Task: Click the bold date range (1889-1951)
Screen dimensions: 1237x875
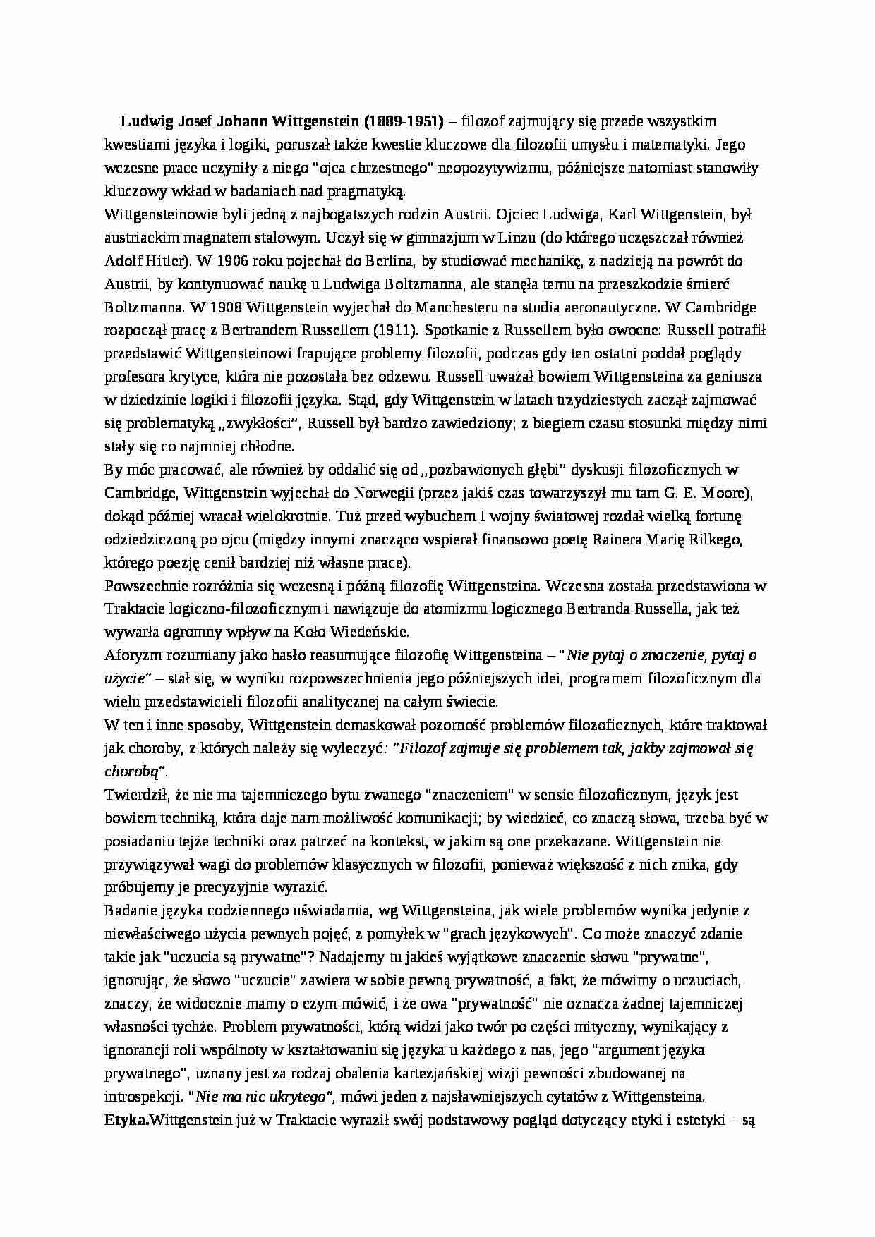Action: [x=400, y=121]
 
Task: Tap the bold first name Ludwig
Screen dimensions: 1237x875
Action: [x=143, y=121]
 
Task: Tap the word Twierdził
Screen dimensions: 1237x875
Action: [x=133, y=795]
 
